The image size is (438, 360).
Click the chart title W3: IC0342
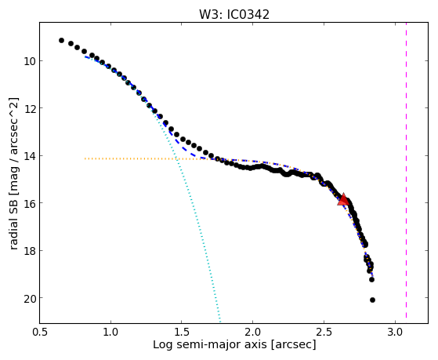pyautogui.click(x=234, y=15)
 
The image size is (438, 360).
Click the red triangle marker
pyautogui.click(x=343, y=199)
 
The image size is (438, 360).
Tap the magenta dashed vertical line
pyautogui.click(x=406, y=170)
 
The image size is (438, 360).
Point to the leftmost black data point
pyautogui.click(x=61, y=41)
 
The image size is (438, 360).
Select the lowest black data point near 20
pyautogui.click(x=372, y=300)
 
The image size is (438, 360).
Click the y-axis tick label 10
pyautogui.click(x=29, y=60)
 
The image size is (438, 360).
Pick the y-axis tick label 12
pyautogui.click(x=29, y=108)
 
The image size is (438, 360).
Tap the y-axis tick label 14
pyautogui.click(x=29, y=155)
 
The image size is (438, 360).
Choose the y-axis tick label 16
pyautogui.click(x=29, y=203)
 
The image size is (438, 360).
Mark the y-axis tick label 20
pyautogui.click(x=29, y=298)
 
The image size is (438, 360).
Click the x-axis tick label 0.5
pyautogui.click(x=40, y=332)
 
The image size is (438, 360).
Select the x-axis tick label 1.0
pyautogui.click(x=111, y=332)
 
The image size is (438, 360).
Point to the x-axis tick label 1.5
pyautogui.click(x=182, y=332)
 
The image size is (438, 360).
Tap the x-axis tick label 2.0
pyautogui.click(x=253, y=332)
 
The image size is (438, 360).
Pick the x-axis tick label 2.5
pyautogui.click(x=324, y=332)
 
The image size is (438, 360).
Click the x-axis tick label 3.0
pyautogui.click(x=395, y=332)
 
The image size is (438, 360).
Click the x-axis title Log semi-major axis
pyautogui.click(x=209, y=344)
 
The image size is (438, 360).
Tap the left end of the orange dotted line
pyautogui.click(x=85, y=158)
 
